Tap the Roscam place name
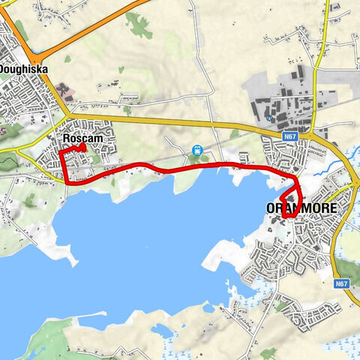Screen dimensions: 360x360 82,139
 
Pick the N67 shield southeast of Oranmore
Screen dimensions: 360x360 341,283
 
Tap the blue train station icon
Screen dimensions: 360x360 197,150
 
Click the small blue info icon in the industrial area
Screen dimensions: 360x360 269,118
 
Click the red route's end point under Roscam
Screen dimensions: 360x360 82,147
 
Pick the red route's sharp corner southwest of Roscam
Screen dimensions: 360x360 65,182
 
